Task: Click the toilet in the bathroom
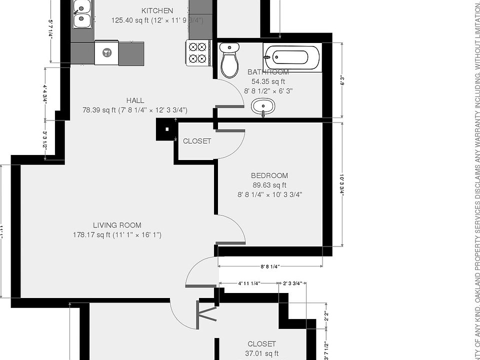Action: (229, 60)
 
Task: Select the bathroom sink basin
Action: (263, 106)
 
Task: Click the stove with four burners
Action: (196, 52)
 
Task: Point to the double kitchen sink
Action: (81, 14)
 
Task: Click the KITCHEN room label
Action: (157, 10)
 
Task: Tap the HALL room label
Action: (135, 100)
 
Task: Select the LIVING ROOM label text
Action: (117, 225)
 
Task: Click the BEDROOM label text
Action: (269, 175)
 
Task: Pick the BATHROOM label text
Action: (268, 72)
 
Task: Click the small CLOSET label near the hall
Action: (197, 141)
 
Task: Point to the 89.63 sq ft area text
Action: (269, 185)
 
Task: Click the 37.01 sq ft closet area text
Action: (261, 353)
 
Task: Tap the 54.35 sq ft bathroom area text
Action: (268, 81)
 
